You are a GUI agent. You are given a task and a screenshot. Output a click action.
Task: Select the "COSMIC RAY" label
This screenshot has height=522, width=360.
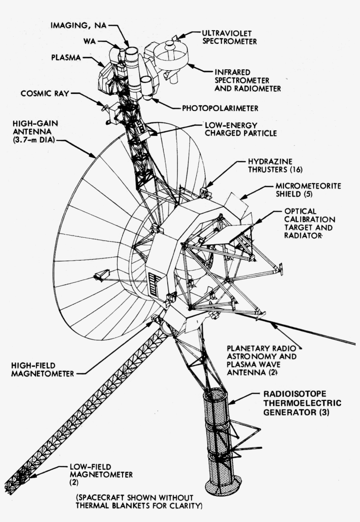(45, 93)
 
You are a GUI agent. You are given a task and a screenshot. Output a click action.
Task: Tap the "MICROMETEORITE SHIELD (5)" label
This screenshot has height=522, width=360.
(308, 190)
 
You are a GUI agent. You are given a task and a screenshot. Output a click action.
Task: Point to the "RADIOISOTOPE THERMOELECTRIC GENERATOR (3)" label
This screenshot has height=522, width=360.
(301, 403)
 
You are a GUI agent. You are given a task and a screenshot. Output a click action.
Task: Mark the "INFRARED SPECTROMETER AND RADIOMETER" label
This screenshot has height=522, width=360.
(247, 79)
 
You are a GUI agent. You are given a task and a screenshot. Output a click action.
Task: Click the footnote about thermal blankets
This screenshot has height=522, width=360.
(139, 501)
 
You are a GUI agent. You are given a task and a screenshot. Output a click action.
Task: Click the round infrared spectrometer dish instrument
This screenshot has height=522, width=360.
(171, 56)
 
